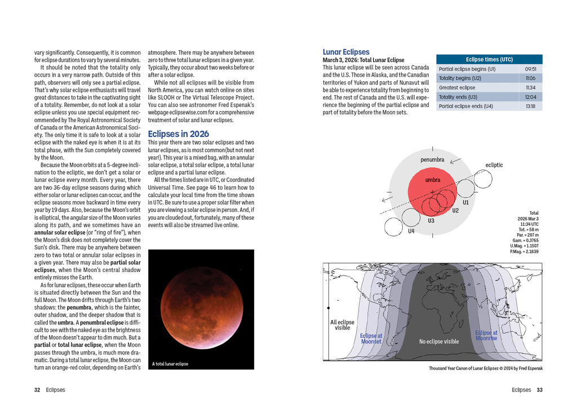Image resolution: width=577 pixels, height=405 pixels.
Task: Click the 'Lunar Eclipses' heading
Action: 346,52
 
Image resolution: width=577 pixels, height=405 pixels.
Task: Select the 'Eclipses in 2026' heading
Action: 178,133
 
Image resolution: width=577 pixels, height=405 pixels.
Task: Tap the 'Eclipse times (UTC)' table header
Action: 489,59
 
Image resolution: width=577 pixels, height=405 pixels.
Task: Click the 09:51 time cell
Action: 530,69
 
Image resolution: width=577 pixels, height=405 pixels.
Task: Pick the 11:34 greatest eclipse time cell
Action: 530,87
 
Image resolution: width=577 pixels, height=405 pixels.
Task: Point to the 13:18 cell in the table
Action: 530,106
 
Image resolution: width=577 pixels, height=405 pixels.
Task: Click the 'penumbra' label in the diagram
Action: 432,159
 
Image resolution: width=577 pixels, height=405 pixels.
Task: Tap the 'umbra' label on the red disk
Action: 433,180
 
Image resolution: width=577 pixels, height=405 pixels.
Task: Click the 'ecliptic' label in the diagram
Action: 494,165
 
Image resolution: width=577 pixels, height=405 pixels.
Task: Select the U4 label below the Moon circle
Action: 411,231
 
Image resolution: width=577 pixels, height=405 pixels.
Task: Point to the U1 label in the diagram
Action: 465,202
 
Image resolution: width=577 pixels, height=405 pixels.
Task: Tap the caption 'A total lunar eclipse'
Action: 170,364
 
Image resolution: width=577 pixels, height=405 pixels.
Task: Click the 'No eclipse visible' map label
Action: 439,341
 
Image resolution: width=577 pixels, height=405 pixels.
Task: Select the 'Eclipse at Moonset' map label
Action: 371,339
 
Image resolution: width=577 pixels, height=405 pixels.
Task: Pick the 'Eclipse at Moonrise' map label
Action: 486,335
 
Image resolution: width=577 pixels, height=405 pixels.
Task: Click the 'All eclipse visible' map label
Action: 342,325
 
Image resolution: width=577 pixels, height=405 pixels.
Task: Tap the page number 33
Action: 539,390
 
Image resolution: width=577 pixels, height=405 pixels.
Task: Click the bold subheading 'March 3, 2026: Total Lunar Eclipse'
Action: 363,60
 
